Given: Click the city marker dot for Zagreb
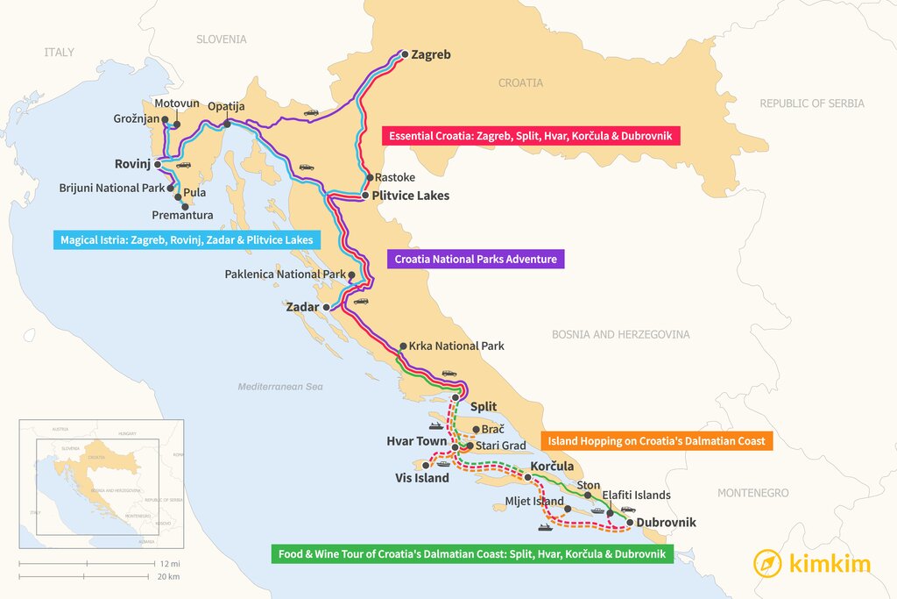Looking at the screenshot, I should point(404,54).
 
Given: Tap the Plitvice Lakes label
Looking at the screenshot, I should point(410,196).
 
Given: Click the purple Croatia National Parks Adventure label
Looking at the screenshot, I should point(475,259).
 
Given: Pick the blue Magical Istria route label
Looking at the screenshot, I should point(186,239).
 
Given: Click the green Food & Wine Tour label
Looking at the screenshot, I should point(471,554).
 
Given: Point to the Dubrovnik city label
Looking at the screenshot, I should point(667,523).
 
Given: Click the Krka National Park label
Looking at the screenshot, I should point(456,346).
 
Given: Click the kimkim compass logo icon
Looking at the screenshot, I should point(768,563).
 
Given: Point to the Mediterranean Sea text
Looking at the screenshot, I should point(280,387).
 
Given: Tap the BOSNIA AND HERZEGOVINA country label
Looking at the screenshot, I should point(620,334).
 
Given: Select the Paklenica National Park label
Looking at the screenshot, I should point(285,275).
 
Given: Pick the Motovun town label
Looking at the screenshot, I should point(177,103).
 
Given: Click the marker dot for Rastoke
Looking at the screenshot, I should point(370,177).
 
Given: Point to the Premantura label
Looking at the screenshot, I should point(182,215).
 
